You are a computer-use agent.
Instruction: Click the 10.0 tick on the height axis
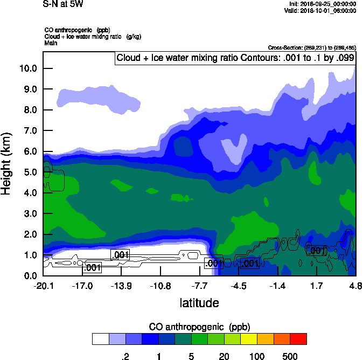(x=28, y=68)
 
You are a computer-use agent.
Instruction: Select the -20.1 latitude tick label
(x=43, y=286)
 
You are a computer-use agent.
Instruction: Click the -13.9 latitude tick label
(x=121, y=286)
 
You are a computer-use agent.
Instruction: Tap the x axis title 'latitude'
(x=199, y=303)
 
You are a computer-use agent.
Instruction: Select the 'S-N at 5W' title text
(x=63, y=4)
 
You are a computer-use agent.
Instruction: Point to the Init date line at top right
(x=322, y=4)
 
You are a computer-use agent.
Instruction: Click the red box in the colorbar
(x=298, y=339)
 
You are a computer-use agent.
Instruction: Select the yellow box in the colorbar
(x=249, y=339)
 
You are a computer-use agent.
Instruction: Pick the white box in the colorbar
(x=100, y=339)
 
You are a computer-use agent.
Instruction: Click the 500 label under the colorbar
(x=290, y=356)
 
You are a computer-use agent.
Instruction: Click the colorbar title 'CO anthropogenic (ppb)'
(x=199, y=327)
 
